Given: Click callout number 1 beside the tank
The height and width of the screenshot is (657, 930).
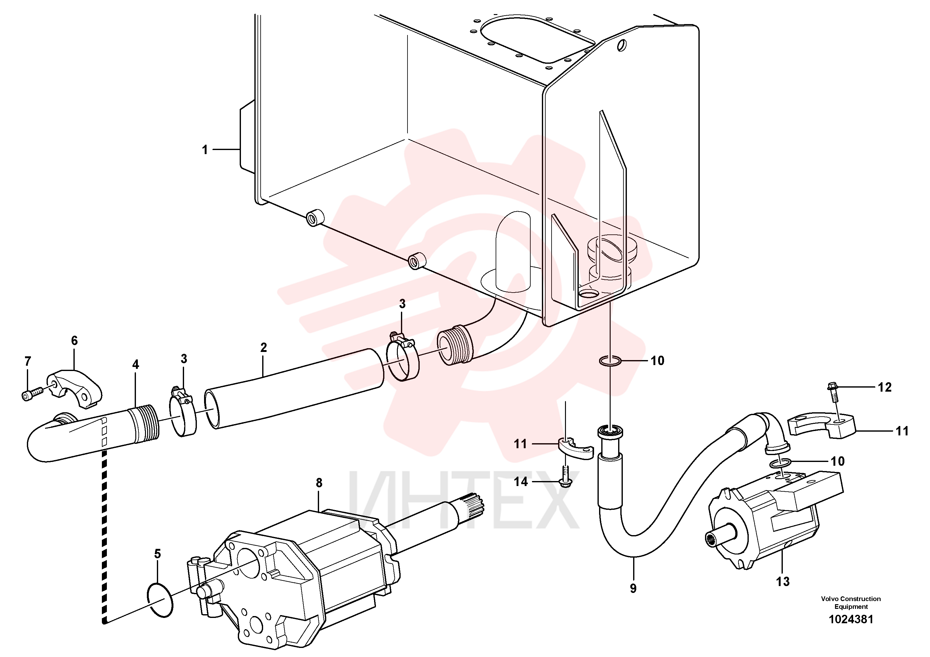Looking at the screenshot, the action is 205,150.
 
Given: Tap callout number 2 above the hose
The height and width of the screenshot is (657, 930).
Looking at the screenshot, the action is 264,348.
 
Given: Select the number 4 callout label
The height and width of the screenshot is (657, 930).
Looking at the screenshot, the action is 136,364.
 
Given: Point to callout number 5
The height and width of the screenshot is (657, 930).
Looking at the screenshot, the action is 157,554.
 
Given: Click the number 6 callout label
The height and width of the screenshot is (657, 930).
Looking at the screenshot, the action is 74,341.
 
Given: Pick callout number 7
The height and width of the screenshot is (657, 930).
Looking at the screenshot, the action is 27,361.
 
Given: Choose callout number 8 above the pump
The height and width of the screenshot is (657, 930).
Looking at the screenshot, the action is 319,483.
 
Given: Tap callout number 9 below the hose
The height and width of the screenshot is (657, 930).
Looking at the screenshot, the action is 633,589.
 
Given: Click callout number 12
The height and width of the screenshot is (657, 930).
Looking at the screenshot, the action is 885,387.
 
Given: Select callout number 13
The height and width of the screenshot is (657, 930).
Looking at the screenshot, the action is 782,582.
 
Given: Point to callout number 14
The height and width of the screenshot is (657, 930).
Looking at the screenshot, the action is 521,482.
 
